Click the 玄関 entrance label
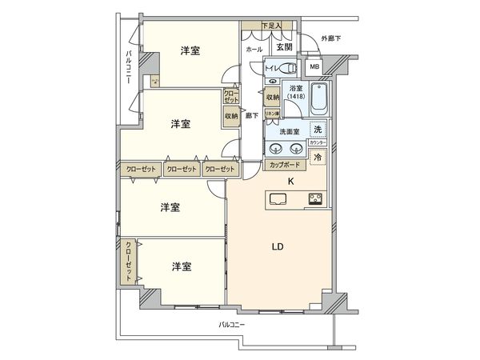(284, 48)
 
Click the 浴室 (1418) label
(295, 92)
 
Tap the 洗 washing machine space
(318, 130)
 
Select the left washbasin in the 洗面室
(276, 148)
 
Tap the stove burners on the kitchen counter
(313, 199)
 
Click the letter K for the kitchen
(290, 182)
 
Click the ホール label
(254, 49)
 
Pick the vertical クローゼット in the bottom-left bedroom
(128, 261)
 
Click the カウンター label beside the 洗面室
(317, 142)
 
